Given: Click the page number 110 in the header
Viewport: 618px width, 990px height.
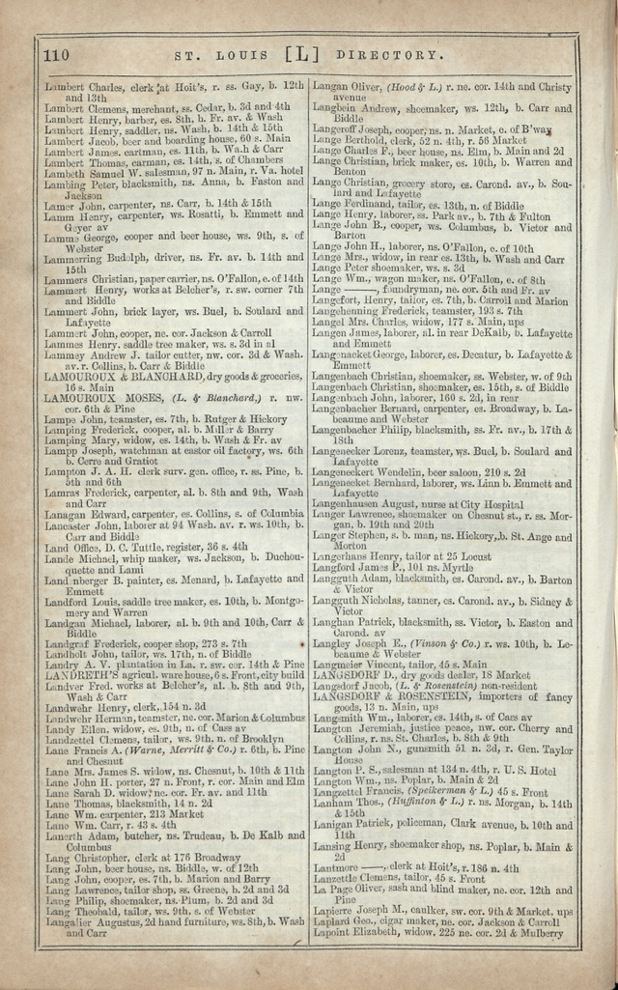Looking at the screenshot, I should click(x=56, y=55).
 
